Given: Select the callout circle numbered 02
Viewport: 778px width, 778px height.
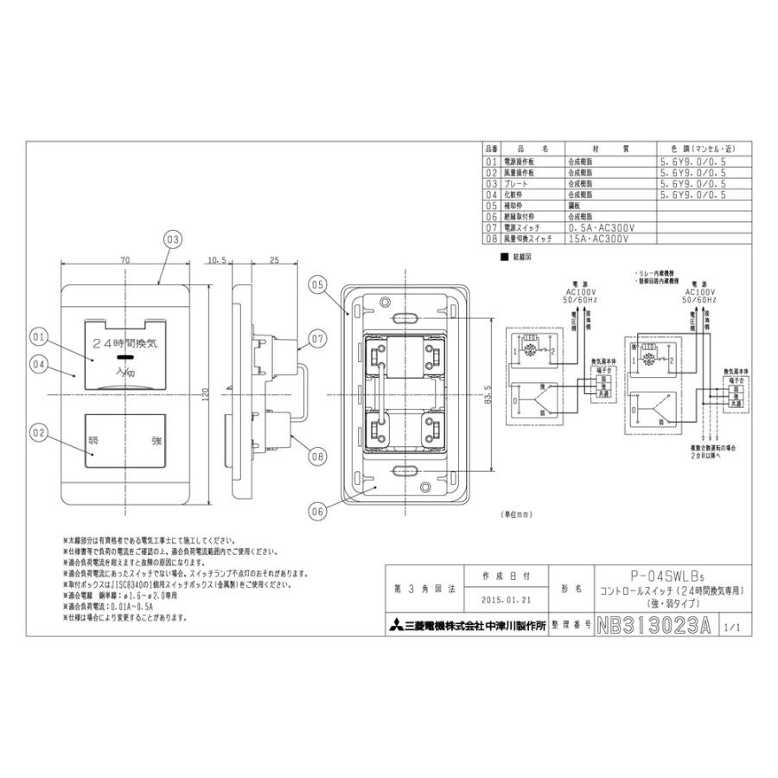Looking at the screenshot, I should click(37, 430).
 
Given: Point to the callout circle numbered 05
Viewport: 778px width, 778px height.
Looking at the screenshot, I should click(317, 284).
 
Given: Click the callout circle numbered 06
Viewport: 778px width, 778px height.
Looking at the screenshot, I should click(317, 511).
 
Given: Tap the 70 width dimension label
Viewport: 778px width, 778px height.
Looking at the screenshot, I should click(125, 259).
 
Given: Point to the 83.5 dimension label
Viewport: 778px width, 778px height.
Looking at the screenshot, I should click(489, 394).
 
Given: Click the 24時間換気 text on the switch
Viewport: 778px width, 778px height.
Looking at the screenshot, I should click(125, 343).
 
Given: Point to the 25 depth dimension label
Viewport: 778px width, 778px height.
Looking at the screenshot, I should click(273, 259).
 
